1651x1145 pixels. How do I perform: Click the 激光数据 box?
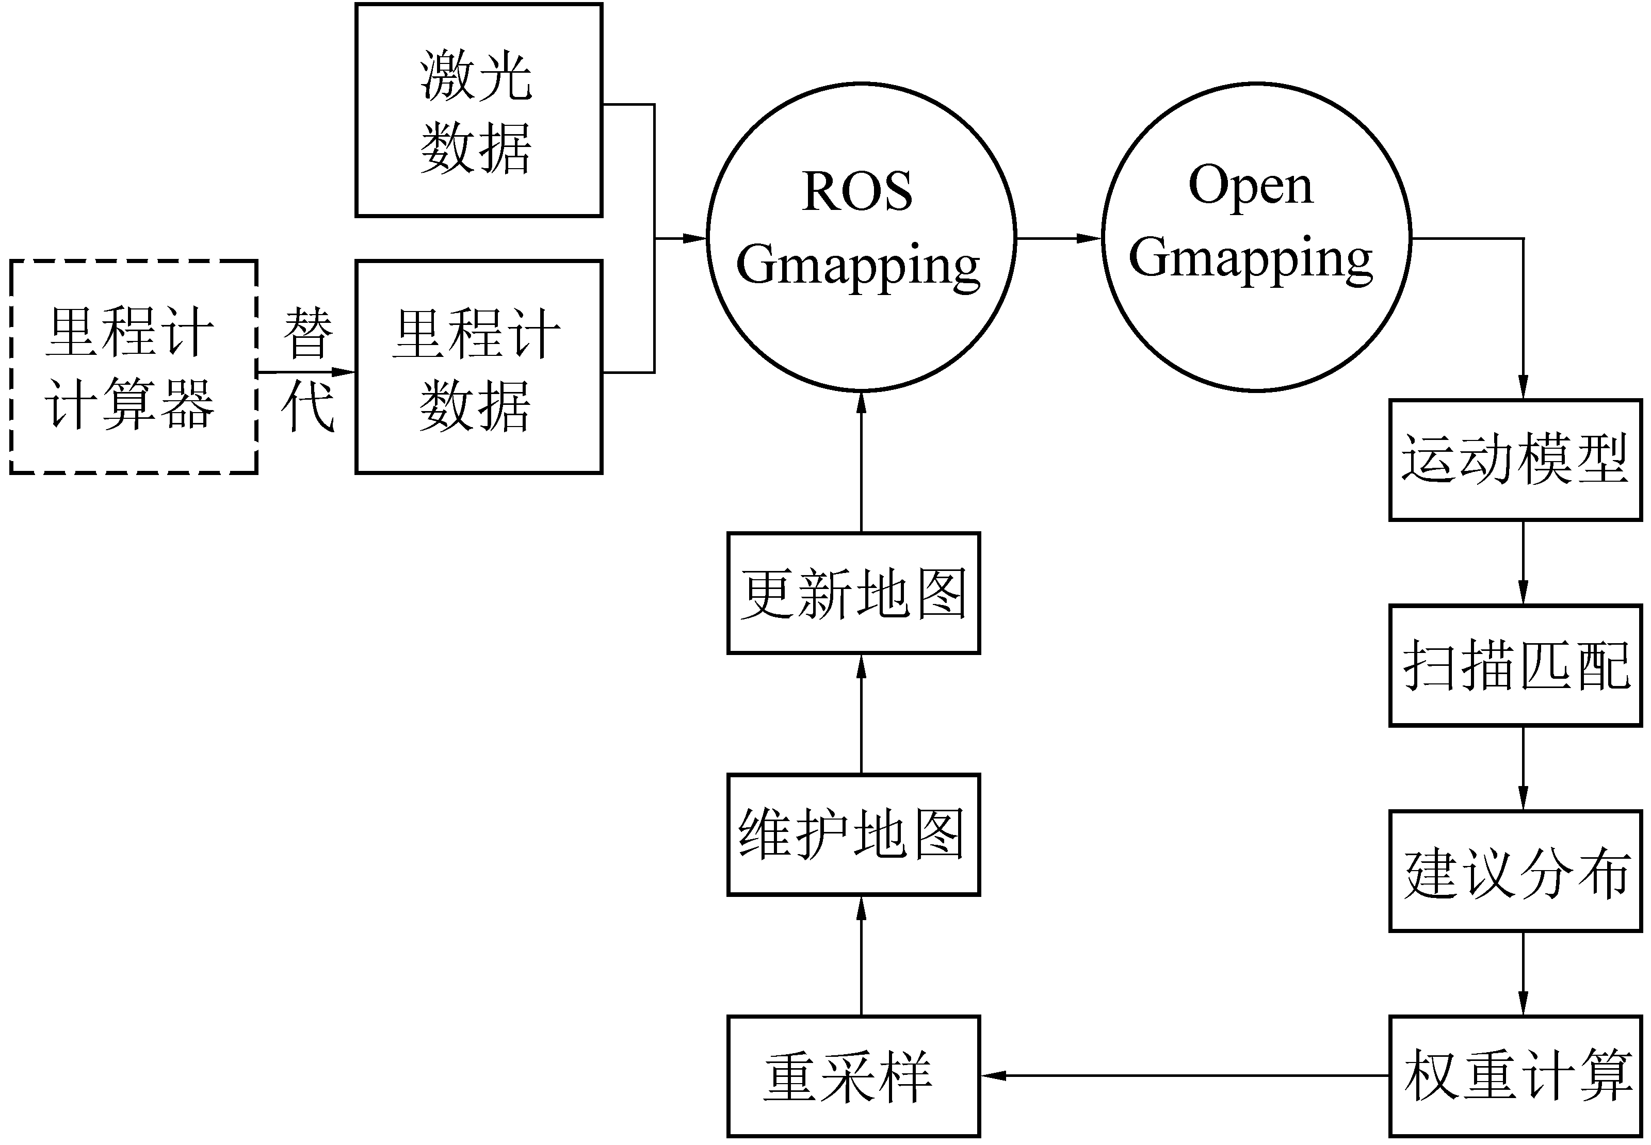click(x=479, y=110)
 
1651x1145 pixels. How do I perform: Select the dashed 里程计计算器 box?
click(x=134, y=367)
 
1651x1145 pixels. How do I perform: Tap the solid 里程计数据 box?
click(x=479, y=367)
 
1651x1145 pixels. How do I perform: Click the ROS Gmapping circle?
click(x=861, y=237)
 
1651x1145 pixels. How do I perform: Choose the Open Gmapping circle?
click(x=1256, y=237)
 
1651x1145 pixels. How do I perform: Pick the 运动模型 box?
click(x=1515, y=460)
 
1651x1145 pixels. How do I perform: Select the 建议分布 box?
click(x=1515, y=872)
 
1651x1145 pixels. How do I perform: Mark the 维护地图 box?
click(x=853, y=835)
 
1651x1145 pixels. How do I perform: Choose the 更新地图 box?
click(x=853, y=593)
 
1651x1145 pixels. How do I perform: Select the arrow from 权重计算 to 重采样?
click(x=1184, y=1075)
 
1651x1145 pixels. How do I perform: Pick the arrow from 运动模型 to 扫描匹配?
click(x=1523, y=563)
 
